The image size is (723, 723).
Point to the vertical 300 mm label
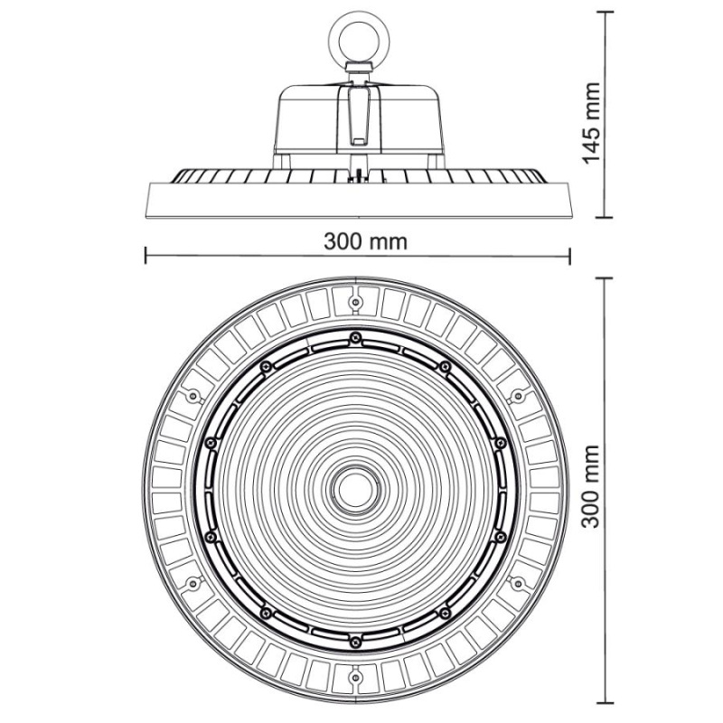pos(590,489)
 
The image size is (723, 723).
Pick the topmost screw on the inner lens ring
pos(355,337)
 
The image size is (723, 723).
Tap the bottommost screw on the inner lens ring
pos(355,641)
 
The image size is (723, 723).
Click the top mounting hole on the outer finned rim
pos(355,296)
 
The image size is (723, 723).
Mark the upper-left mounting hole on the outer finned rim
pos(191,395)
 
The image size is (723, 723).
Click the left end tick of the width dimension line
pos(146,256)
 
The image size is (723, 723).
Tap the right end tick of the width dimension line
pos(569,256)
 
